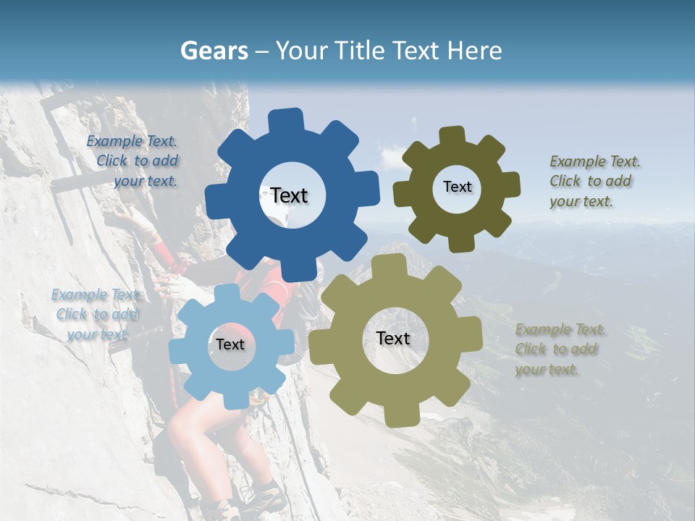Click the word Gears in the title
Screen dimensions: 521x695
pos(213,51)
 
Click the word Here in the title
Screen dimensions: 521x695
pos(474,51)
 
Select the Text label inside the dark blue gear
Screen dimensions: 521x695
pos(289,195)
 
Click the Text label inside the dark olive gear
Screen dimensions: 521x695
pos(457,187)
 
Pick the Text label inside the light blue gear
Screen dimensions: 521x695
pos(230,345)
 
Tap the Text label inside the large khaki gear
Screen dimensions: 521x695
pos(392,338)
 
